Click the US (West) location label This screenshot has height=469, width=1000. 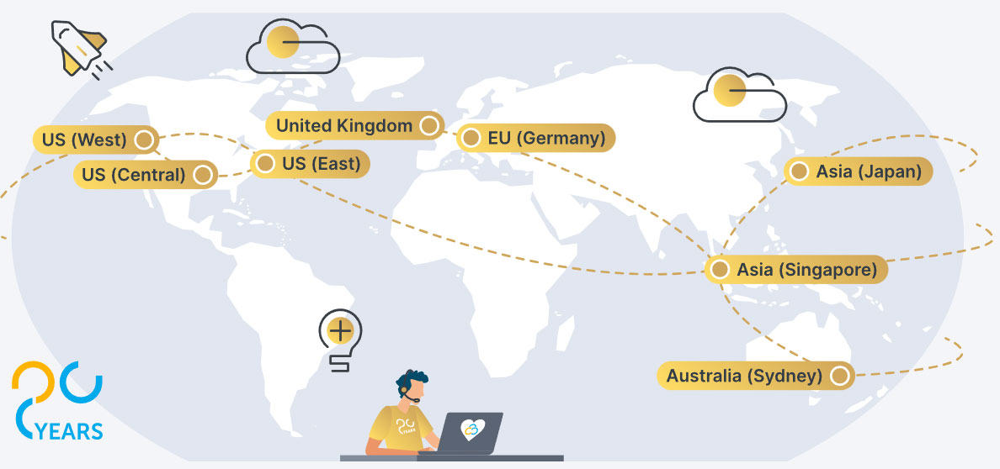pos(96,140)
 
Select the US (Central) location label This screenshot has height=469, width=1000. pos(146,175)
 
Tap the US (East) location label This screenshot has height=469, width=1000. pos(310,164)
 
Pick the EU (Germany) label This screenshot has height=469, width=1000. pos(535,138)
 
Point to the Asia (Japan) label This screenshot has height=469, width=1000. pos(859,171)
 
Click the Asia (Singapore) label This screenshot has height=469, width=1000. pos(796,270)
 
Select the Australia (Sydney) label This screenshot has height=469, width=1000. pos(756,376)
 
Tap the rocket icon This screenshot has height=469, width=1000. pos(81,50)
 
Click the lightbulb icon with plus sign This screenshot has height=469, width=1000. pos(341,340)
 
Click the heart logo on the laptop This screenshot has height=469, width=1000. pos(473,428)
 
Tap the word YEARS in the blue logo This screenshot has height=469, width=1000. pos(70,431)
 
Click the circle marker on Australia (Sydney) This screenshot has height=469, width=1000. pos(840,376)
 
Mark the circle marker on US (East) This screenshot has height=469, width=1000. pos(264,164)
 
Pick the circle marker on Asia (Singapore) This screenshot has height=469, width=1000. pos(720,270)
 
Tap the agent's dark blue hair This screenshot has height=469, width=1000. pos(412,378)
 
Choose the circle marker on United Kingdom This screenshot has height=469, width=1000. pos(429,125)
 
